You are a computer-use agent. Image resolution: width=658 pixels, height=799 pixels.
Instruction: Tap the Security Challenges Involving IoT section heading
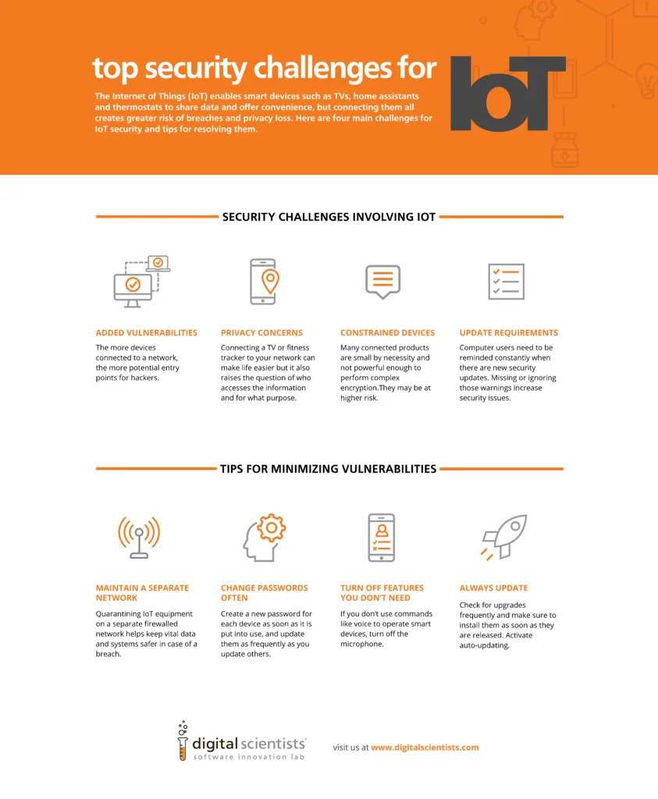(x=329, y=217)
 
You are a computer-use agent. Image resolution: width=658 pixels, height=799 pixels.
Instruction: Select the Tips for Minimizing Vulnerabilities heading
(x=329, y=469)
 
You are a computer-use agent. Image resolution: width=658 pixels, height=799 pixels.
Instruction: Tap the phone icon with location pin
(x=264, y=282)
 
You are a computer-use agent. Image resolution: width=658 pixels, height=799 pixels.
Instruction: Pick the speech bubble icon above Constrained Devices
(x=382, y=282)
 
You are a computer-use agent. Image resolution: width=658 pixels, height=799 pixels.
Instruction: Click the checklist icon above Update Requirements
(x=505, y=282)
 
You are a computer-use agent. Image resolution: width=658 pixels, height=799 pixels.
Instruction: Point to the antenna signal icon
(x=139, y=537)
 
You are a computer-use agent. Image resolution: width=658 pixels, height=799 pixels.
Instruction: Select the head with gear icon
(x=264, y=537)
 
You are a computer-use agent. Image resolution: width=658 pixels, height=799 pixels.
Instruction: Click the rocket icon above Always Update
(x=504, y=537)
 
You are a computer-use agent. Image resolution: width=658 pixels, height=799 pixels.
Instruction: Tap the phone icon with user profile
(x=382, y=537)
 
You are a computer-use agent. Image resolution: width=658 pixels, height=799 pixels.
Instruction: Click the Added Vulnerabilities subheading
(x=146, y=332)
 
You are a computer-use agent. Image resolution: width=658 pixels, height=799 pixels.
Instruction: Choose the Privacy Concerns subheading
(x=261, y=332)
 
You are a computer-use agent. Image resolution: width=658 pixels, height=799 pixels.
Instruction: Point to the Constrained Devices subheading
(x=387, y=332)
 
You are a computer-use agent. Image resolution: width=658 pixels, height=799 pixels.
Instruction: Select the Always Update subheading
(x=493, y=588)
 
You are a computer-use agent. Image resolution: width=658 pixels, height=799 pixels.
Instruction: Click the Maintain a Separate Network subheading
(x=142, y=592)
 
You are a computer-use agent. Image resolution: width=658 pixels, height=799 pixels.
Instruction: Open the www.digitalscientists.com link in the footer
(x=425, y=748)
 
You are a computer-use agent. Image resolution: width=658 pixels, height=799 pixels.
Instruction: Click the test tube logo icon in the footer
(x=183, y=741)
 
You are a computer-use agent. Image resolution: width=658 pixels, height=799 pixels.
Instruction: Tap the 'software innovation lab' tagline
(x=248, y=757)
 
